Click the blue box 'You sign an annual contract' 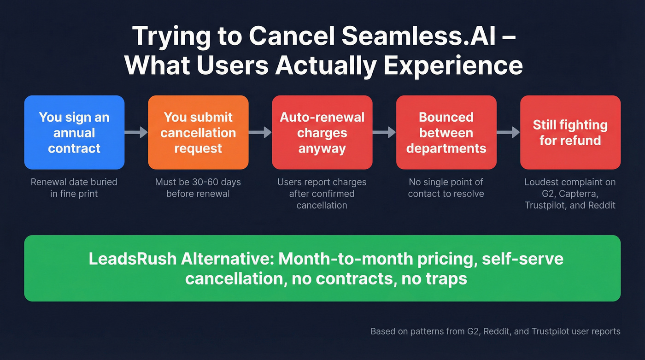(74, 133)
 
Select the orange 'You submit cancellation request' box (198, 133)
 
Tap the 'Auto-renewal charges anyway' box (322, 133)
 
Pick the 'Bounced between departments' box (446, 133)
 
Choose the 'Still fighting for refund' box (570, 133)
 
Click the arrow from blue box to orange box (136, 133)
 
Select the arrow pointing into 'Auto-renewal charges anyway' (260, 133)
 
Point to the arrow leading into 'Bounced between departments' (384, 133)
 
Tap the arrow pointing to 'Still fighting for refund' (508, 133)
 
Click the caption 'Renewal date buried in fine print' (74, 188)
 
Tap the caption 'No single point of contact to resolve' (446, 188)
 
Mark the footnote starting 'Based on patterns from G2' (495, 331)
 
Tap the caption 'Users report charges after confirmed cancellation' (322, 194)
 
